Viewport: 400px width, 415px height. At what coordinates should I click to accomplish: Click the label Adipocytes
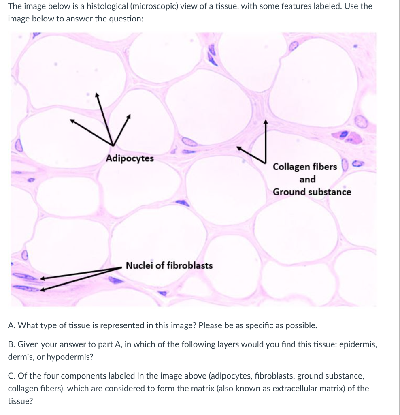click(130, 158)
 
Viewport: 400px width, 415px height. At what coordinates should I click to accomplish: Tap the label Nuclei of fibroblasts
click(169, 266)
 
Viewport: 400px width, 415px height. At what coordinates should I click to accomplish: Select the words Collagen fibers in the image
click(304, 167)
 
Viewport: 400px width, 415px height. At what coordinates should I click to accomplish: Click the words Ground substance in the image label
click(312, 192)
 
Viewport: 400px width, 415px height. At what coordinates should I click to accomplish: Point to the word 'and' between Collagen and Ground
click(307, 180)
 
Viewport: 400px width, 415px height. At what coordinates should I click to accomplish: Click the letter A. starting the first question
click(11, 325)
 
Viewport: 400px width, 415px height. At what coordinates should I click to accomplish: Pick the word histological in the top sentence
click(109, 6)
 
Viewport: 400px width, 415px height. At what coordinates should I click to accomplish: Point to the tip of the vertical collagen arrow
click(266, 120)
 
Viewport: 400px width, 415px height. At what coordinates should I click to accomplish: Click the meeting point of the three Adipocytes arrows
click(112, 146)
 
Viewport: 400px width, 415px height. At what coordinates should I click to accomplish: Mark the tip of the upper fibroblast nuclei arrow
click(41, 278)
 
